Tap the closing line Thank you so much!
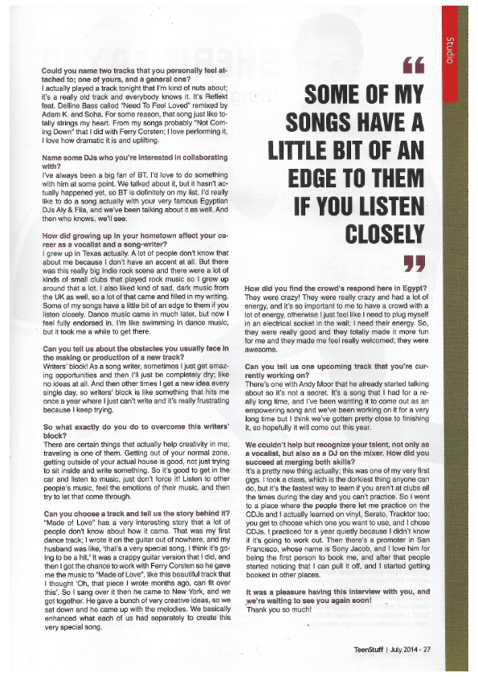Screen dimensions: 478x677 pyautogui.click(x=274, y=607)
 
